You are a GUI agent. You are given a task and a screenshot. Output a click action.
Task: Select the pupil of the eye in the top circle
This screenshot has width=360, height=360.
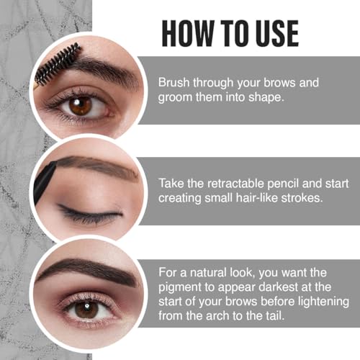pyautogui.click(x=80, y=105)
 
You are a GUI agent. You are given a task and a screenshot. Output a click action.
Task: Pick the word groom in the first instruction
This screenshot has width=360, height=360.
pyautogui.click(x=172, y=98)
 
